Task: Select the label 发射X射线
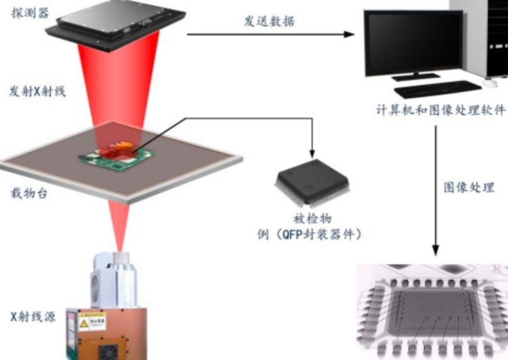[37, 92]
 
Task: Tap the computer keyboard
[437, 89]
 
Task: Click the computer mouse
[493, 83]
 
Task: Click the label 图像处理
[469, 187]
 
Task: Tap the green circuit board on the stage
[116, 156]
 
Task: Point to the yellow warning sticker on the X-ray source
[84, 321]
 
